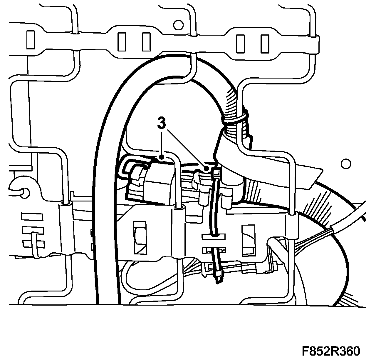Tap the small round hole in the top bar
177,25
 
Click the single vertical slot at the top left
31,40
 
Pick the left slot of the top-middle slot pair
122,41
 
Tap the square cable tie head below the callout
217,171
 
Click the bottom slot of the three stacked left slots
34,244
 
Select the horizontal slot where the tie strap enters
213,236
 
